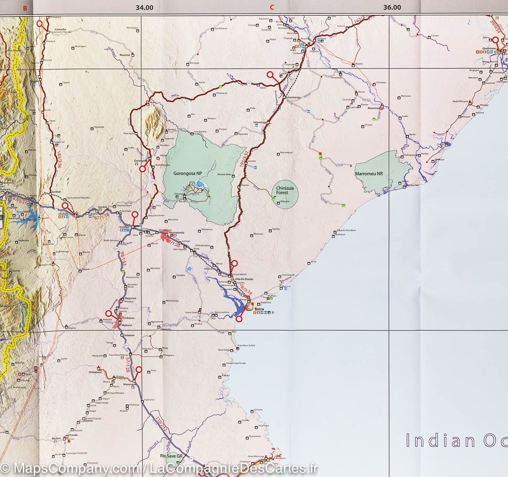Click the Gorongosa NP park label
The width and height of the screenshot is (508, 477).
click(188, 173)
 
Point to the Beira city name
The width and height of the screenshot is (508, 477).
click(259, 310)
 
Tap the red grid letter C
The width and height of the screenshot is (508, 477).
click(272, 7)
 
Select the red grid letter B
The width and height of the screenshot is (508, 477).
click(25, 7)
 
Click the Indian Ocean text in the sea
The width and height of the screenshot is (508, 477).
click(455, 440)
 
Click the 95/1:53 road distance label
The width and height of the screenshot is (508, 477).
click(119, 259)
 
